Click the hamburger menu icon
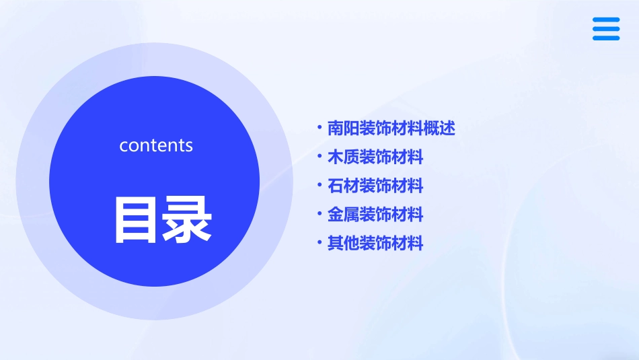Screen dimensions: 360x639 [x=606, y=29]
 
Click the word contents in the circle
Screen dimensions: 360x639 [x=156, y=145]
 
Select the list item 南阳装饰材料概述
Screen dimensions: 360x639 [x=391, y=128]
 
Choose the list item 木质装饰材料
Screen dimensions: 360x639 [x=375, y=157]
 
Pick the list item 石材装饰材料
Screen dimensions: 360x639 [x=375, y=186]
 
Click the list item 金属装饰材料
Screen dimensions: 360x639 [x=375, y=215]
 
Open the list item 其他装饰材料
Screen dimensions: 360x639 [x=375, y=244]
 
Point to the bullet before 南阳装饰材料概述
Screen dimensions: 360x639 [x=319, y=127]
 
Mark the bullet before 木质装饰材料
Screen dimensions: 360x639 [x=319, y=156]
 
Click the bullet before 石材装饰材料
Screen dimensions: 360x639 [x=319, y=184]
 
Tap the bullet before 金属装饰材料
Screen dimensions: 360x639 [x=319, y=214]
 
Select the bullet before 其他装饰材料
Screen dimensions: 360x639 [x=319, y=242]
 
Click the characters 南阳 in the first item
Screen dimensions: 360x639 [x=343, y=128]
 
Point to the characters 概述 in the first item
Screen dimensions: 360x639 [x=440, y=128]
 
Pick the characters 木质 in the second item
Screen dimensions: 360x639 [x=343, y=157]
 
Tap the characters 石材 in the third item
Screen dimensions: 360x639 [x=343, y=186]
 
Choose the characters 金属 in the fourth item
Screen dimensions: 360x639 [x=343, y=215]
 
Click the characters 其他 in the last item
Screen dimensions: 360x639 [x=343, y=244]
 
